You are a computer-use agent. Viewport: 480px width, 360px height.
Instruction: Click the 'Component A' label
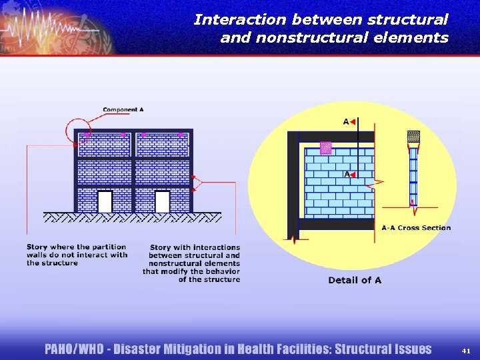click(x=123, y=109)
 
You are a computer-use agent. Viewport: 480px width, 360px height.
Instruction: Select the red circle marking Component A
click(x=79, y=130)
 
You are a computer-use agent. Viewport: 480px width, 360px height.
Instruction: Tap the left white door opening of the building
click(x=105, y=201)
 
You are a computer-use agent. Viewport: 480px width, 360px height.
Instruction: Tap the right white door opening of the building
click(x=162, y=201)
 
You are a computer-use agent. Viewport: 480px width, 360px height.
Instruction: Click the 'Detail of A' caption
click(x=355, y=280)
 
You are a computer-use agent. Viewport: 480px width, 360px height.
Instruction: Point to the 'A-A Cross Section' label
click(x=416, y=228)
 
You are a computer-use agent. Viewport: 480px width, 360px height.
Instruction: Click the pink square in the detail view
click(x=325, y=148)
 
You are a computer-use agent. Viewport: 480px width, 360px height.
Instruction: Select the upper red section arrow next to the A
click(x=352, y=122)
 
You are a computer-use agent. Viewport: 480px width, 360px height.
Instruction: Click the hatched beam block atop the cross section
click(x=413, y=137)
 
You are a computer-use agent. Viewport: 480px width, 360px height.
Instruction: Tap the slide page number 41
click(x=465, y=350)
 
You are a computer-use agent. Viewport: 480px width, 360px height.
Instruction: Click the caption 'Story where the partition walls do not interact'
click(x=77, y=255)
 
